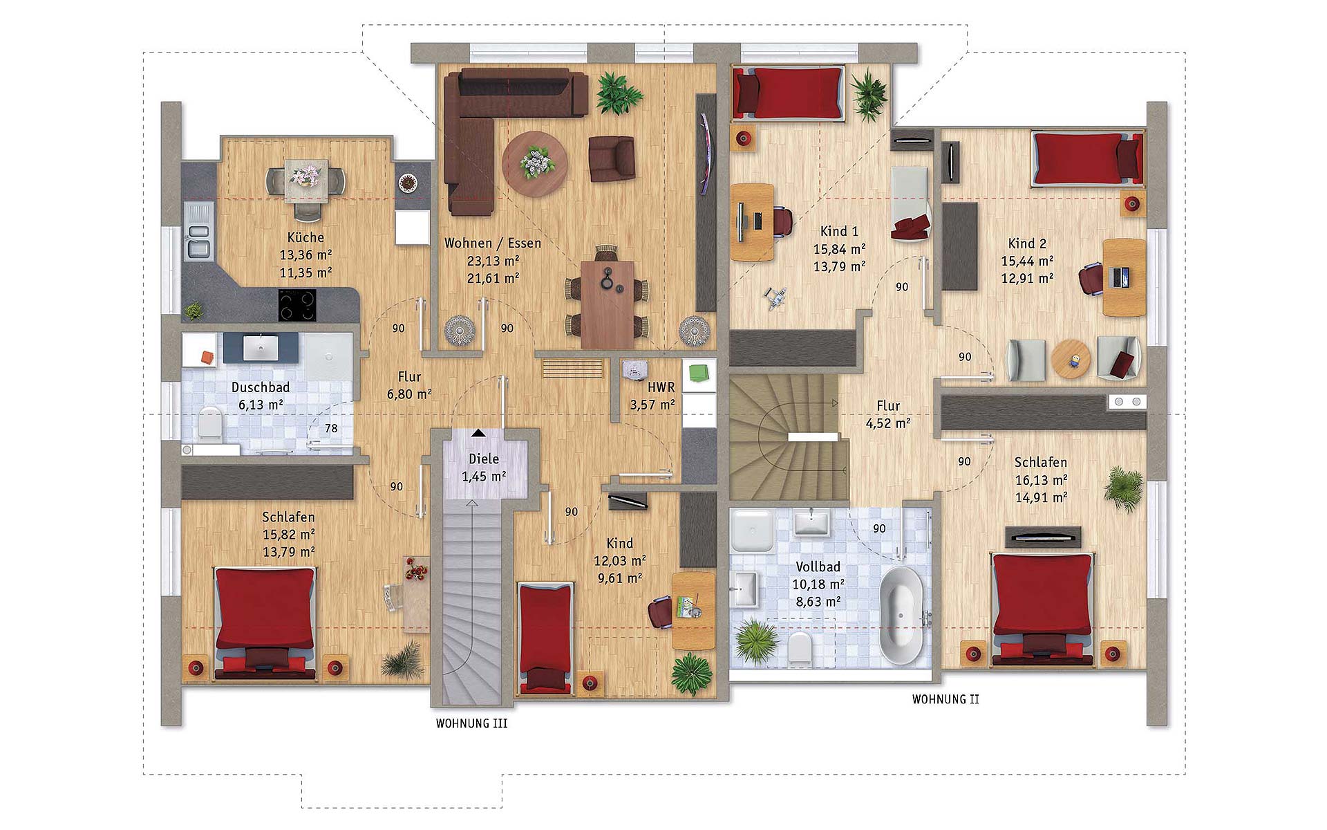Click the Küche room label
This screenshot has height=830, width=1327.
pos(305,237)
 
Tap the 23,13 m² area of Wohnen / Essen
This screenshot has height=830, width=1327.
pos(493,261)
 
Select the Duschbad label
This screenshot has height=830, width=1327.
pos(261,387)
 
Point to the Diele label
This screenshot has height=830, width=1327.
pos(484,459)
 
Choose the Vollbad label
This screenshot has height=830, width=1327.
pos(818,566)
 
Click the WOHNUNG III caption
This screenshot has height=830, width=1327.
pos(472,723)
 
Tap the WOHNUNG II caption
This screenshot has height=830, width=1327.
pos(945,699)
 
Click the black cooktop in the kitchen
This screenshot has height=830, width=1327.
pos(298,305)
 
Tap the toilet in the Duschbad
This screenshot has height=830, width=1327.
pos(209,422)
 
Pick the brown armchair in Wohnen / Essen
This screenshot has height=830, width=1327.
pos(612,158)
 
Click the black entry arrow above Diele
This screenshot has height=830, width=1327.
pos(478,433)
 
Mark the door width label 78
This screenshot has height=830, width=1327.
pos(331,428)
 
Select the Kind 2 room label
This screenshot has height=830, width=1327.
pos(1027,243)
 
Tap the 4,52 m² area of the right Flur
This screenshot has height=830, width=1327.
pos(888,423)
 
